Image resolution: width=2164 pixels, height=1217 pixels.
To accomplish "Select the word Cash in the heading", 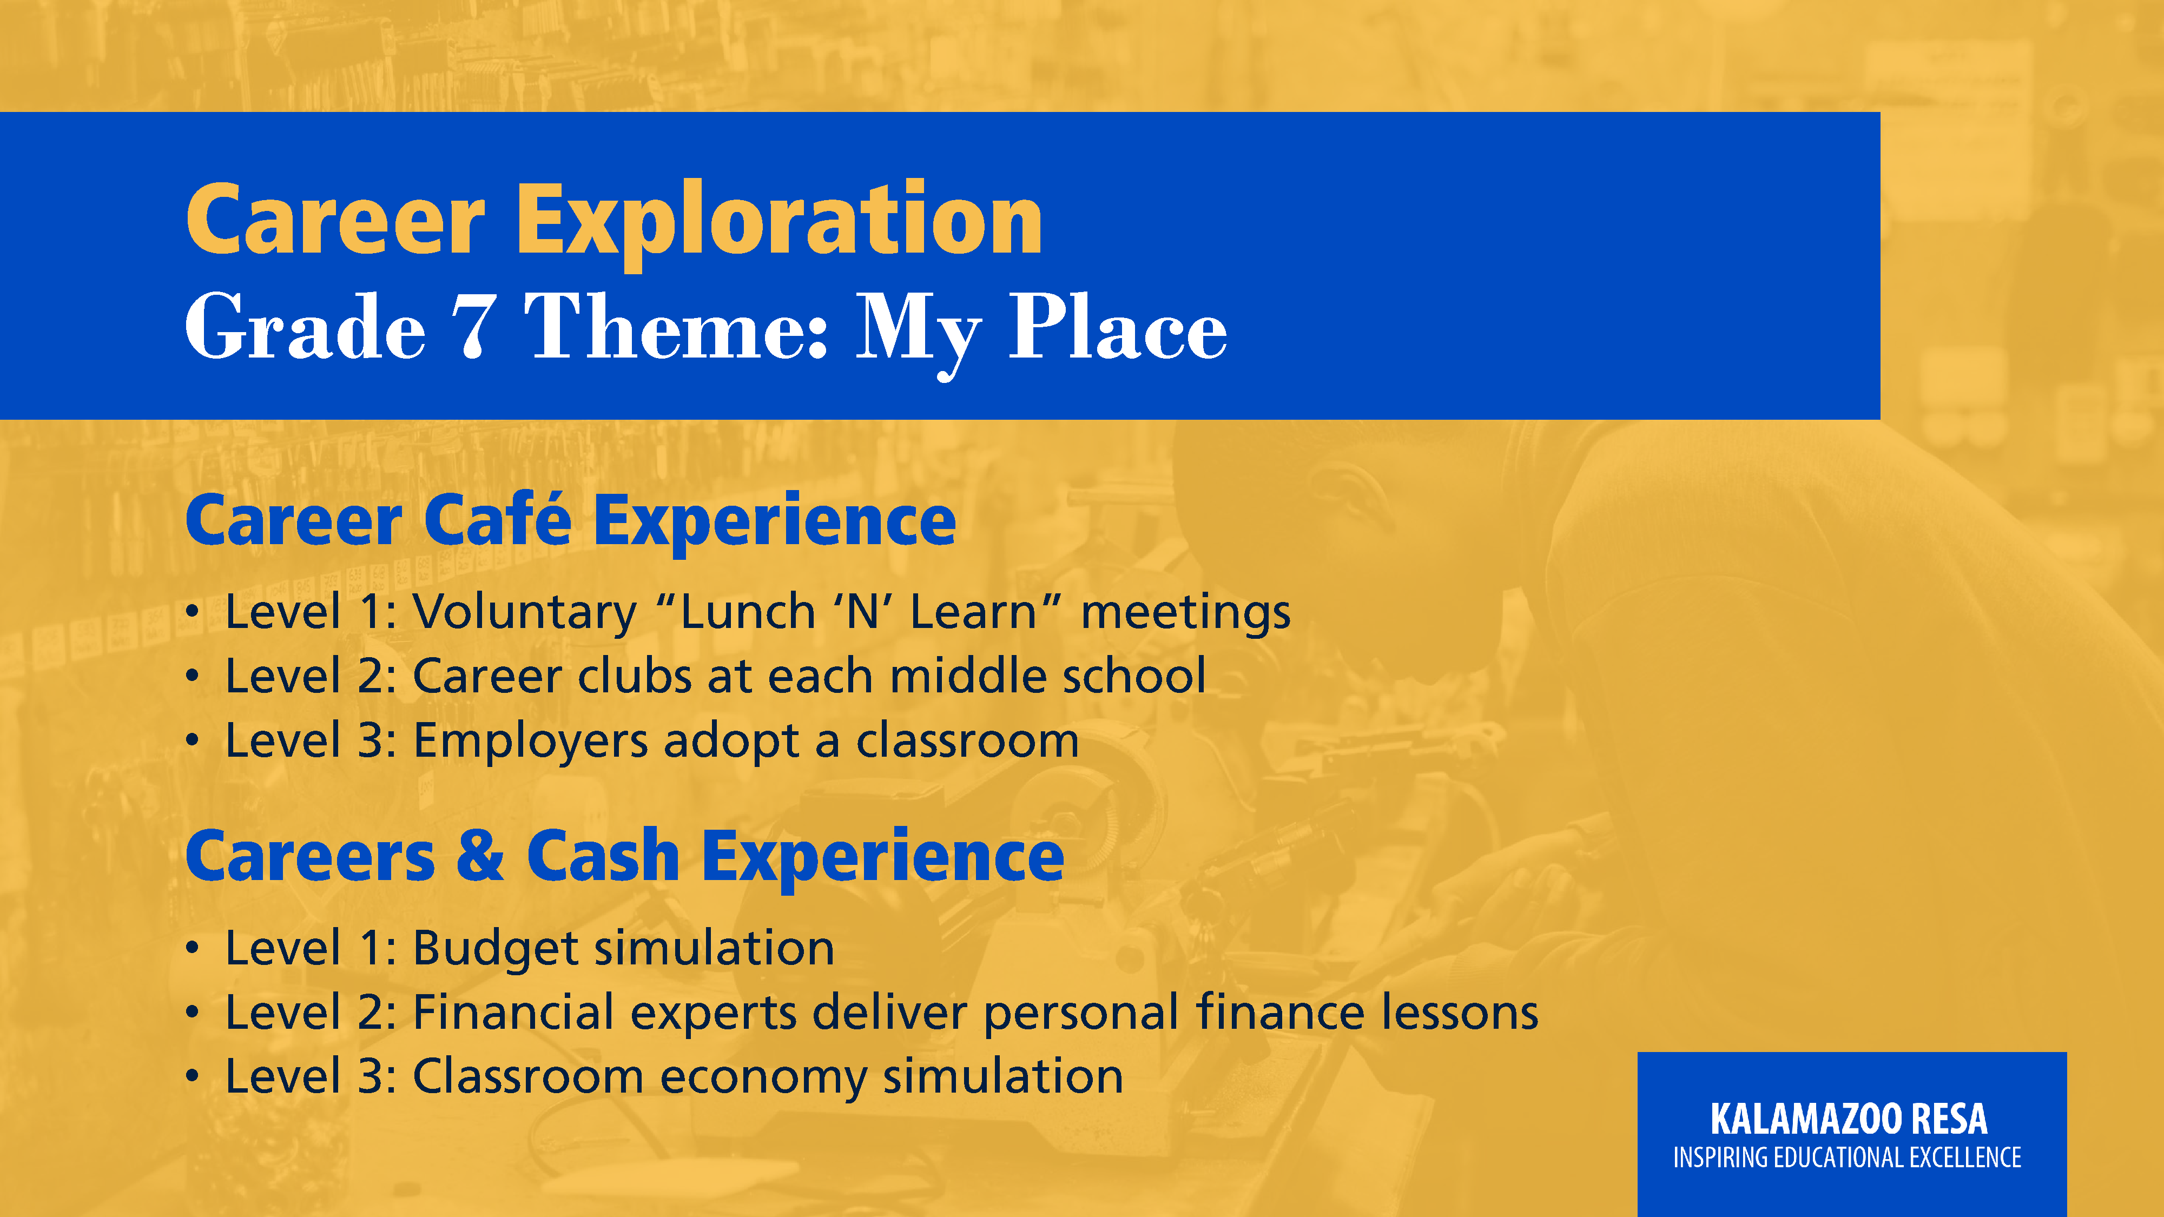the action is (602, 856).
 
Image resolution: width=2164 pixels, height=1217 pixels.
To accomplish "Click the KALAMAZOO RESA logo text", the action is (1849, 1119).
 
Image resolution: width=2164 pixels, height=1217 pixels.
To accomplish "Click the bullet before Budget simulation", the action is (193, 949).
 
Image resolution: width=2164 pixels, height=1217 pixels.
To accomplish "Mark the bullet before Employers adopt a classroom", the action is (193, 742).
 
